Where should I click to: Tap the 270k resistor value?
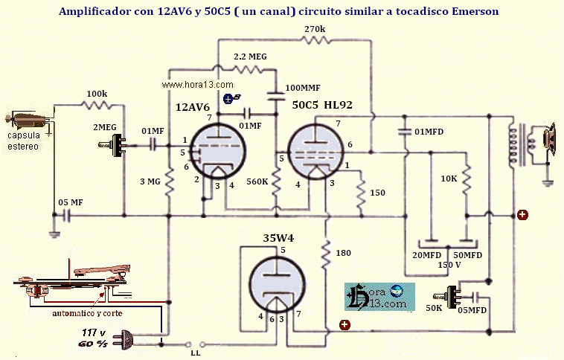(x=314, y=29)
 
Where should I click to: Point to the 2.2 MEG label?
(x=251, y=57)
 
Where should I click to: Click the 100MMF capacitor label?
(x=304, y=87)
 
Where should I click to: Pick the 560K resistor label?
(x=257, y=179)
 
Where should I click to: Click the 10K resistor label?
(x=449, y=179)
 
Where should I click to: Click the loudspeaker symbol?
(x=551, y=140)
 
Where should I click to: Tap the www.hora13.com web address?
(x=188, y=86)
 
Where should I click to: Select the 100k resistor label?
(x=97, y=94)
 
